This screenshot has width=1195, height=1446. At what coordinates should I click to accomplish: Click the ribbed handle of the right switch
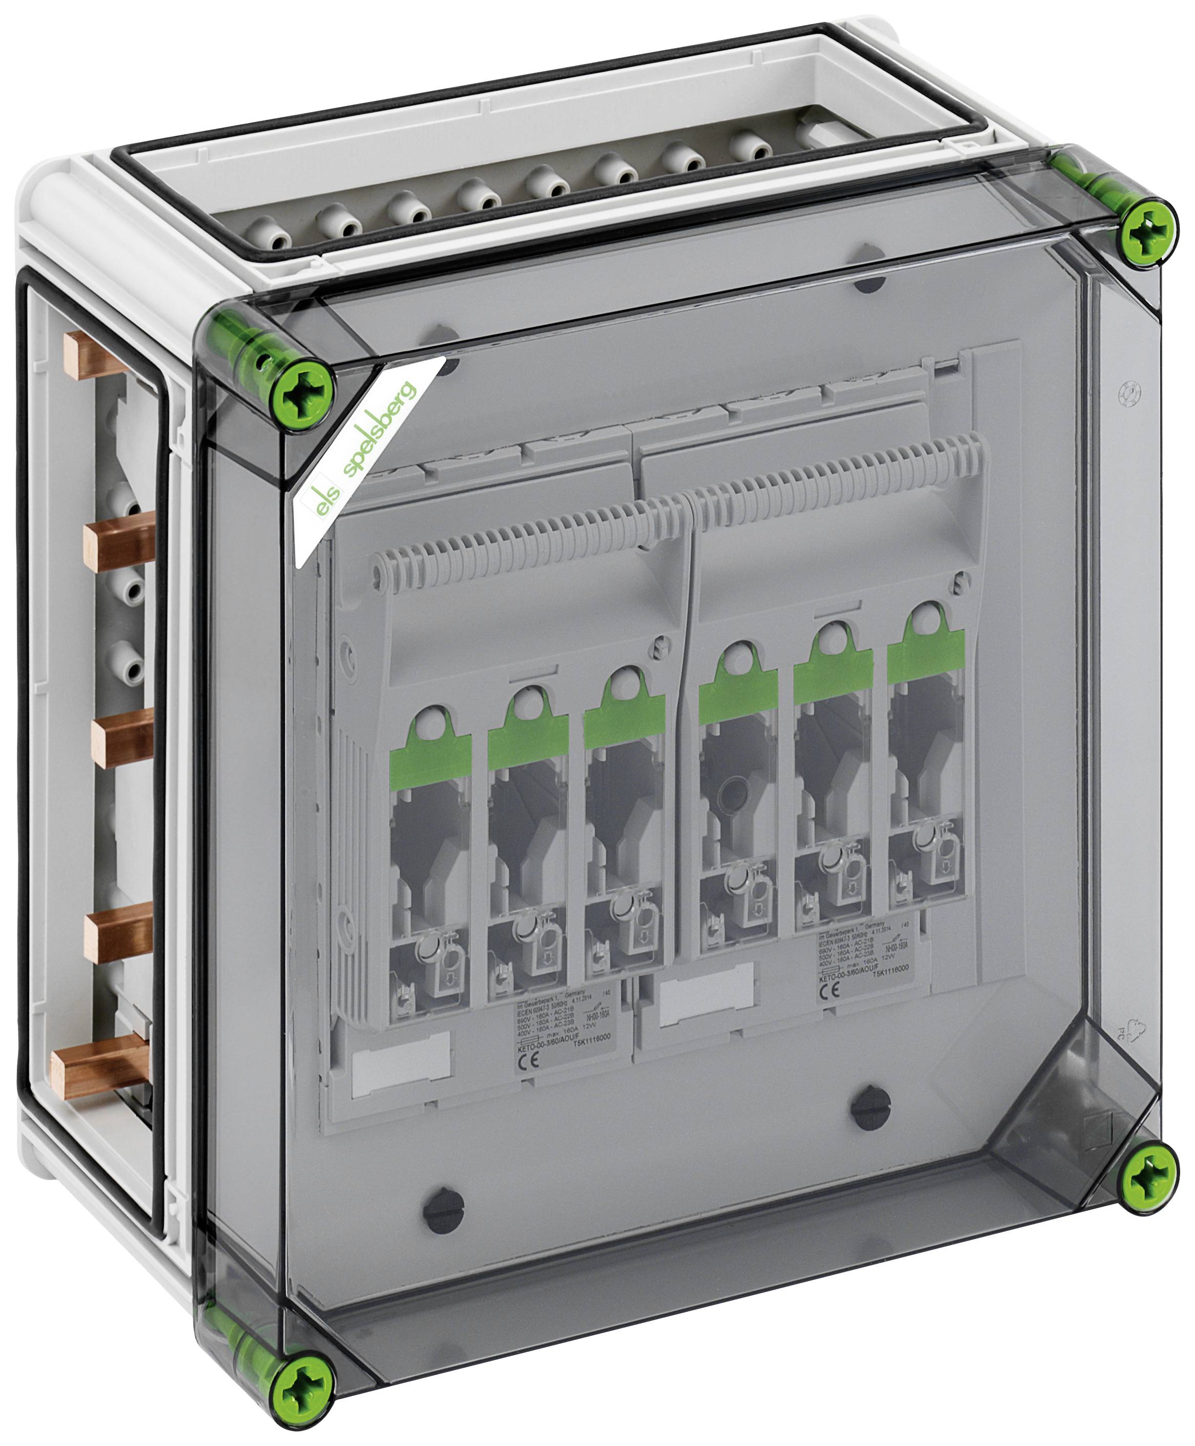(x=840, y=475)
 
